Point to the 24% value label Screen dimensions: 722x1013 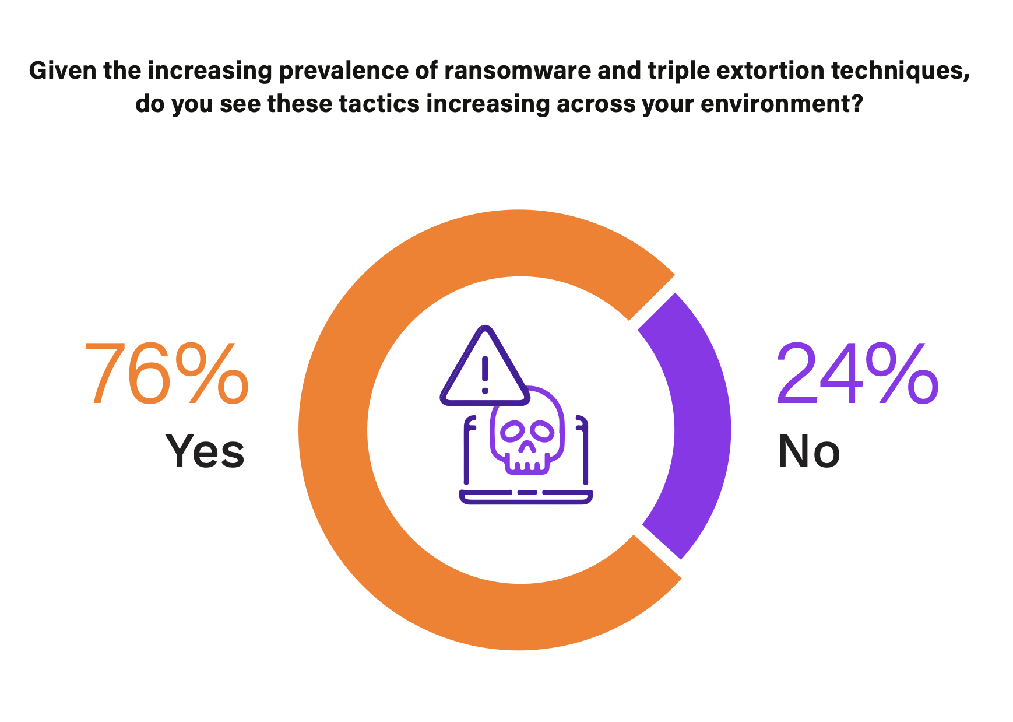click(857, 374)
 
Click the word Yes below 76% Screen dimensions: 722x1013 click(205, 451)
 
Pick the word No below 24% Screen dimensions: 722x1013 click(809, 451)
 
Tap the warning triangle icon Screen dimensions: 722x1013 click(485, 367)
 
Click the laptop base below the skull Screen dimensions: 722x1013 click(526, 496)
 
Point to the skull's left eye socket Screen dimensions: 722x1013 click(512, 432)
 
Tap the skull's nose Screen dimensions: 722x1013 click(527, 447)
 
